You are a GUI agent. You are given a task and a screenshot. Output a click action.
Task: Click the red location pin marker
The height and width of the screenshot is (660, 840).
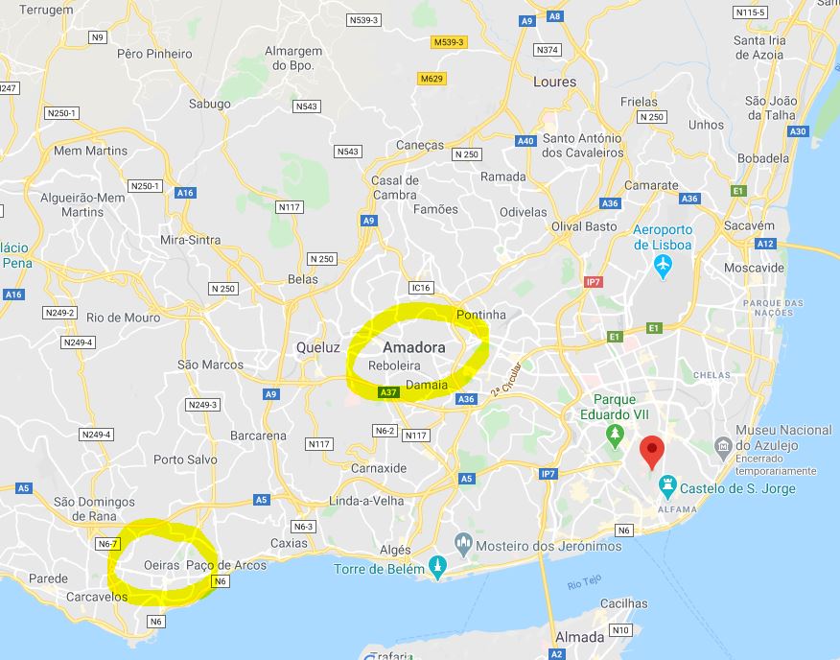coord(652,450)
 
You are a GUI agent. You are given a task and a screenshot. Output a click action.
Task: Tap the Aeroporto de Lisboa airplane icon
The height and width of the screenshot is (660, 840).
coord(663,266)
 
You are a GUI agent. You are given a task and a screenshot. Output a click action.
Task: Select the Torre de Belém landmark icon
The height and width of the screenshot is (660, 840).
coord(438,566)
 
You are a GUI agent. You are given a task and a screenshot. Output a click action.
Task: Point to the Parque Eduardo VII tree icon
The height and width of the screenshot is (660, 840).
coord(615,436)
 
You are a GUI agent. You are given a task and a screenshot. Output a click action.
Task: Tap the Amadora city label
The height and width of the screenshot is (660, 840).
coord(413,347)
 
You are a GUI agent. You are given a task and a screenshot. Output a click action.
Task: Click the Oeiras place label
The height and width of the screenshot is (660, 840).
coord(160,565)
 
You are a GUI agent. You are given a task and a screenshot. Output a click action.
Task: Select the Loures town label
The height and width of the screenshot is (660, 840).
coord(555,82)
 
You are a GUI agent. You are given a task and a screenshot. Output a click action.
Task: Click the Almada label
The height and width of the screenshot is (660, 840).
coord(580,637)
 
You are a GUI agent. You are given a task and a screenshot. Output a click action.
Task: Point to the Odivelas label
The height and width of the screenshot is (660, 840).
coord(523,212)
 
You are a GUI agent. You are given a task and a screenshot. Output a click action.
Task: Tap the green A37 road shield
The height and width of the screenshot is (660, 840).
coord(388,391)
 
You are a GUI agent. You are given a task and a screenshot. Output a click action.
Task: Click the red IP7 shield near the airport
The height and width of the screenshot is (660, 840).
coord(593,282)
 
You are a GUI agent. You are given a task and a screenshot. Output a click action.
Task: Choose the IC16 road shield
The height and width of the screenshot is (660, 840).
coord(420,287)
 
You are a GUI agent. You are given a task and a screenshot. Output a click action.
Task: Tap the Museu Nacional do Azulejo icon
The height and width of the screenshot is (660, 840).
coord(724,445)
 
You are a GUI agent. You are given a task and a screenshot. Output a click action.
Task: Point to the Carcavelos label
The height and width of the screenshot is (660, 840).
coord(97,597)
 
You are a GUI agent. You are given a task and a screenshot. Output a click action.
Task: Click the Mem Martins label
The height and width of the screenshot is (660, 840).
coord(90,151)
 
